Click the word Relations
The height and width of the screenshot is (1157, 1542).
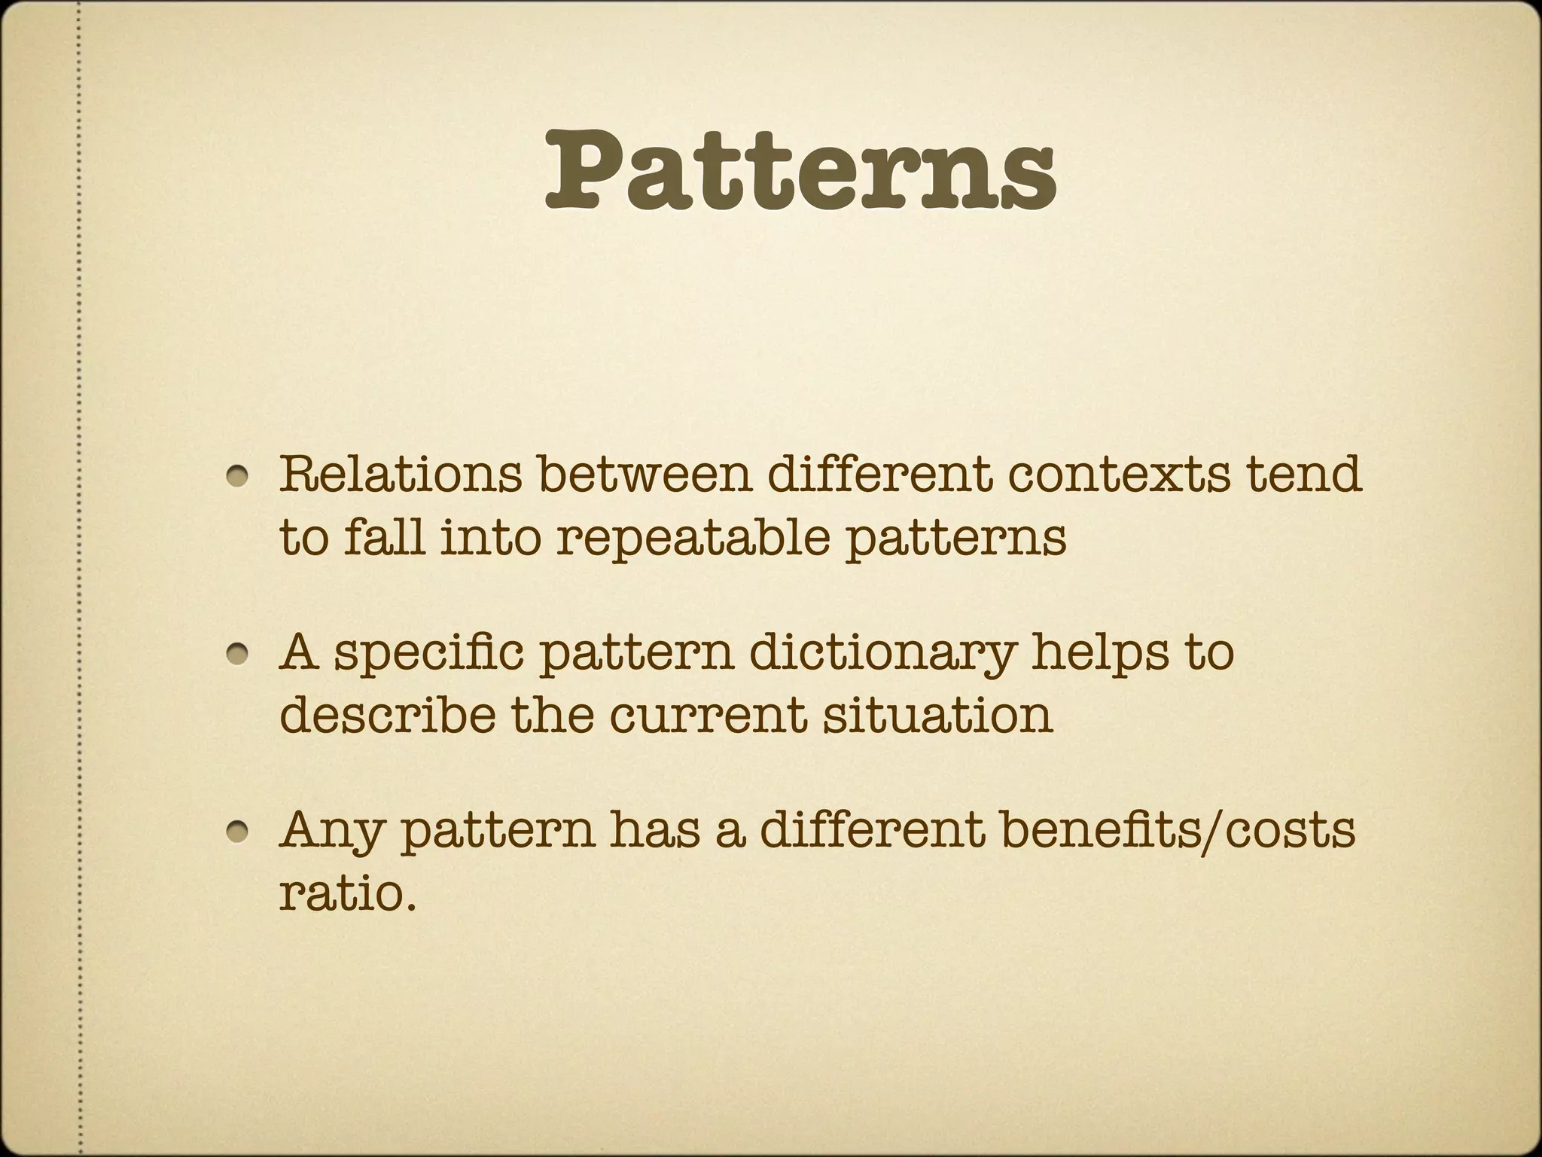point(401,474)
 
